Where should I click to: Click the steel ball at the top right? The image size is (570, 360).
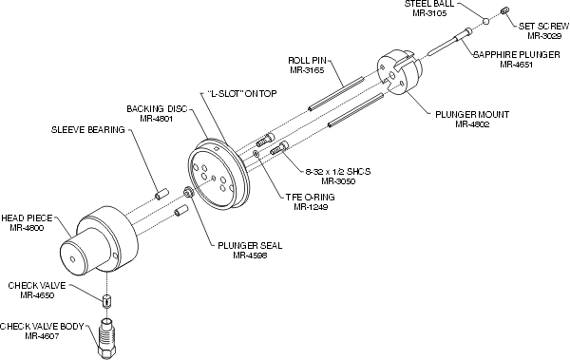[486, 21]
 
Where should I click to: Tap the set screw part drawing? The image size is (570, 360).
[504, 11]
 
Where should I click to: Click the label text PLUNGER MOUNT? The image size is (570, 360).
[472, 115]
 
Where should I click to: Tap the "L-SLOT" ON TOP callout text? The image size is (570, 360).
[241, 94]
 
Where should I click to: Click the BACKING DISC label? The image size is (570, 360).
[157, 108]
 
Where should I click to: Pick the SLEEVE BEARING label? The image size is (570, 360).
[88, 130]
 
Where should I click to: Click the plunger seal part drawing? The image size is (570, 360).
[188, 192]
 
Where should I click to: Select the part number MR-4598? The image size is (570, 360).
[250, 256]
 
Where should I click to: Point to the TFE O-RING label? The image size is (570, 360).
[310, 197]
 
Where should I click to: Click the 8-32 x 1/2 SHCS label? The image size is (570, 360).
[338, 172]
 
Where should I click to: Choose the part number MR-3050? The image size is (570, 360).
[338, 181]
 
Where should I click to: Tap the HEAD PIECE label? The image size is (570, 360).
[27, 218]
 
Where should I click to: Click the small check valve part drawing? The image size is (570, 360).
[106, 301]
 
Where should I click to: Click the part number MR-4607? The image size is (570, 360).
[42, 336]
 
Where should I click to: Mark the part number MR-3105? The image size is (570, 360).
[429, 13]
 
